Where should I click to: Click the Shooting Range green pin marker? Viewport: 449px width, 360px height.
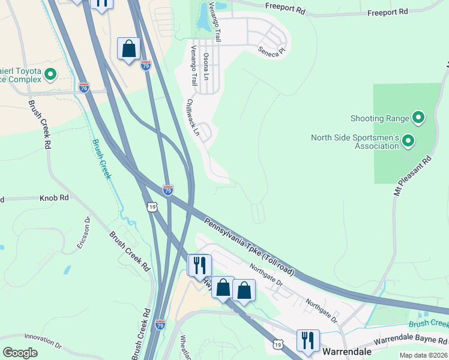coord(418,118)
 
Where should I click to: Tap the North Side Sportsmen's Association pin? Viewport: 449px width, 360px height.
coord(408,142)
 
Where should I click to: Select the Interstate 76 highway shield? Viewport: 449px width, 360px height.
coord(84,88)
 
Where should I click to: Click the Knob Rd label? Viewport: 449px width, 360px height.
coord(55,197)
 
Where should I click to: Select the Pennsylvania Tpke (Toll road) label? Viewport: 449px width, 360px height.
coord(250,247)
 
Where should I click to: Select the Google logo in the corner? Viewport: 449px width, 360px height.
coord(20,352)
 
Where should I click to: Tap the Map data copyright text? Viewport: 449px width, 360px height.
coord(423,355)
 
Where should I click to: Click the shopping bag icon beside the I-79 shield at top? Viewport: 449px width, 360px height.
coord(128,49)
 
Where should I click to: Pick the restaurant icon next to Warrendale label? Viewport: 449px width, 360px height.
coord(308,340)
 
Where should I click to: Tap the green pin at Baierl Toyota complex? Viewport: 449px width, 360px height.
coord(50,75)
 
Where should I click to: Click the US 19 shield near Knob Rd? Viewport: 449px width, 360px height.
coord(152,206)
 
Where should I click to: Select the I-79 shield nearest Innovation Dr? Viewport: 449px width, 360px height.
coord(160,325)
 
